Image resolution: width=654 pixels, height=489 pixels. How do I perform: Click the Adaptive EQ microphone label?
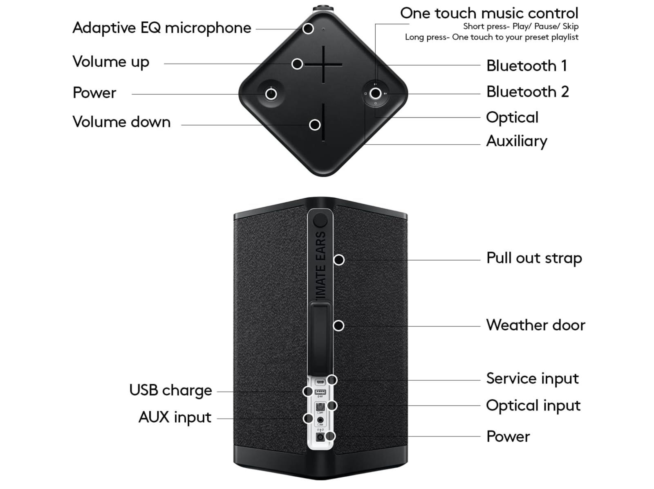pyautogui.click(x=161, y=28)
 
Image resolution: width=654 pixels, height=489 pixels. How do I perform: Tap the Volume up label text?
pyautogui.click(x=111, y=62)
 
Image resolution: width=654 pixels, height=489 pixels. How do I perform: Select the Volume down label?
pyautogui.click(x=121, y=122)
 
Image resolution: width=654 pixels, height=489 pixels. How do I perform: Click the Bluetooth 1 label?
pyautogui.click(x=526, y=66)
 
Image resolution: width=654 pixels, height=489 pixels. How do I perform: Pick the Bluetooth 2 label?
pyautogui.click(x=527, y=92)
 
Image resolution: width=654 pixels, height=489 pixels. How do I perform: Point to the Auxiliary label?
pyautogui.click(x=517, y=141)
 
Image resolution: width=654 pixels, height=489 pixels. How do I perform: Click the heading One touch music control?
pyautogui.click(x=489, y=13)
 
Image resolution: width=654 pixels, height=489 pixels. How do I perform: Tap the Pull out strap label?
pyautogui.click(x=534, y=258)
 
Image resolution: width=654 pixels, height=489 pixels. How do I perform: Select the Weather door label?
pyautogui.click(x=535, y=325)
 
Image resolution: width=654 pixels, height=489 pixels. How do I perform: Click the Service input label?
pyautogui.click(x=532, y=379)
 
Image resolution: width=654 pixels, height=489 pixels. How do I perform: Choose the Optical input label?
pyautogui.click(x=533, y=406)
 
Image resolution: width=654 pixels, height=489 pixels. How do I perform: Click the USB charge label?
pyautogui.click(x=170, y=390)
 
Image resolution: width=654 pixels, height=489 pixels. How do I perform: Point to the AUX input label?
pyautogui.click(x=175, y=417)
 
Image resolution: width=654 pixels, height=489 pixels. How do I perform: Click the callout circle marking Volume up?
pyautogui.click(x=297, y=64)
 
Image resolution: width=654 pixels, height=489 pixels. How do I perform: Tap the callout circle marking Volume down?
pyautogui.click(x=314, y=125)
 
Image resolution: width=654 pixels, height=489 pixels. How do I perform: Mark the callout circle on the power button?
pyautogui.click(x=271, y=94)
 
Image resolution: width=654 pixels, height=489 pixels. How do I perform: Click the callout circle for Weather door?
pyautogui.click(x=338, y=326)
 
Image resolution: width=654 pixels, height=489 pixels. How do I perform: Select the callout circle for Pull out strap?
pyautogui.click(x=339, y=260)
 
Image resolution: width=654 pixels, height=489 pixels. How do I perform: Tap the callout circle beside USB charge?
pyautogui.click(x=308, y=392)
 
